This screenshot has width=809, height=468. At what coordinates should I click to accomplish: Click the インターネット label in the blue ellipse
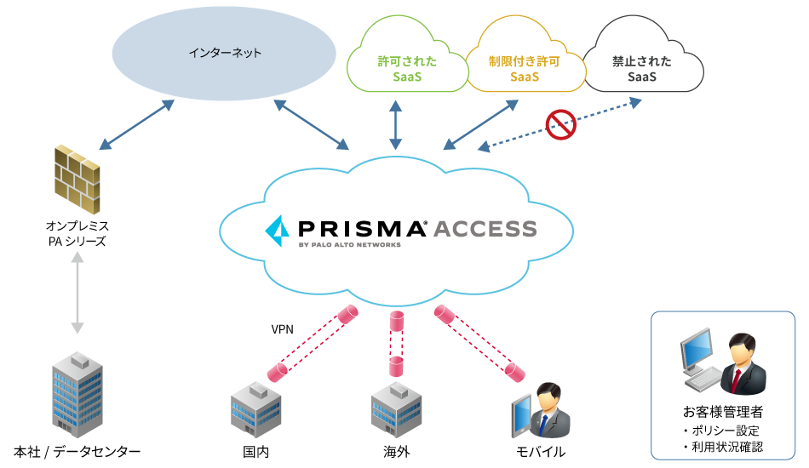225,53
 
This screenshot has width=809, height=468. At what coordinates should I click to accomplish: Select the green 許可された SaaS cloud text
408,69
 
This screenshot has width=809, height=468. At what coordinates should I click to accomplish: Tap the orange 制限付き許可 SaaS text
525,69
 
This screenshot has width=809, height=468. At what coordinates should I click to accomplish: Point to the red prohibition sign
561,124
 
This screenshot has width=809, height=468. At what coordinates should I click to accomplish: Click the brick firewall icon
77,178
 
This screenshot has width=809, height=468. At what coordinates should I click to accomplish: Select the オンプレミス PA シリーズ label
77,234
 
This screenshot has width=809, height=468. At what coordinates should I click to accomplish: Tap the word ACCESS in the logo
485,228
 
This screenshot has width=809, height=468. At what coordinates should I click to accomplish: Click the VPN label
283,329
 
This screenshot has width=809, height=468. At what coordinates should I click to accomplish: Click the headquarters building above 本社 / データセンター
77,392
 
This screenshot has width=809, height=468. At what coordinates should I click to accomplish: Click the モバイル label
540,451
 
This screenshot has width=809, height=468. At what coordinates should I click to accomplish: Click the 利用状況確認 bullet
722,447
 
